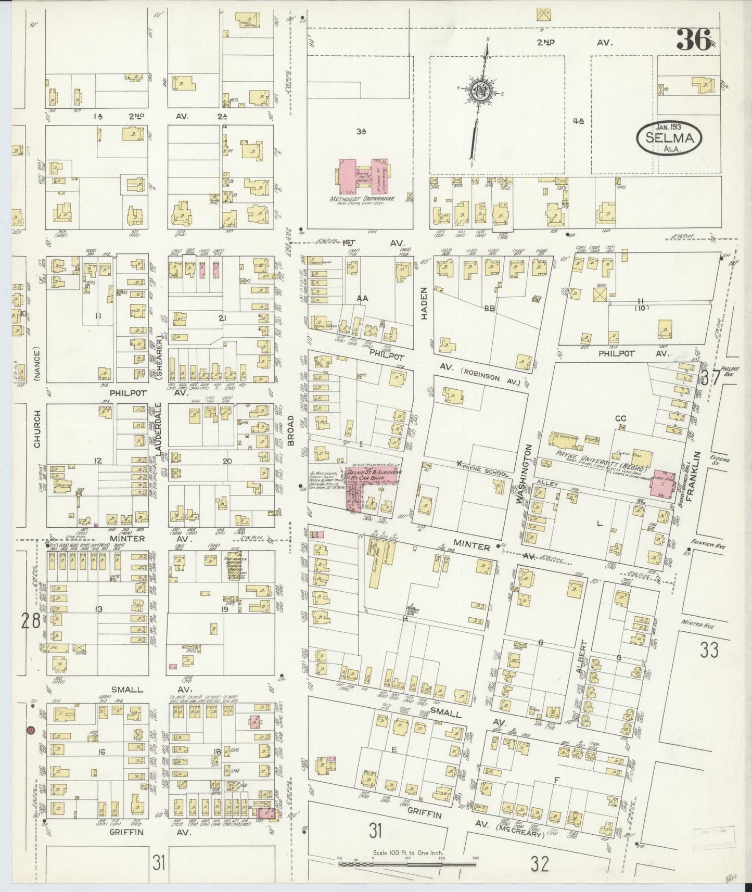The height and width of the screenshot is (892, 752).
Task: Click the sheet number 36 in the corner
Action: [x=693, y=40]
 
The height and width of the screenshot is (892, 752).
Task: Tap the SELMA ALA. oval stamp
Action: [x=669, y=137]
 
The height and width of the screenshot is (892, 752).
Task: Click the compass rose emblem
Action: [x=478, y=91]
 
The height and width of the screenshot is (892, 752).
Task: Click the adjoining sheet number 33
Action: [x=709, y=649]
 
